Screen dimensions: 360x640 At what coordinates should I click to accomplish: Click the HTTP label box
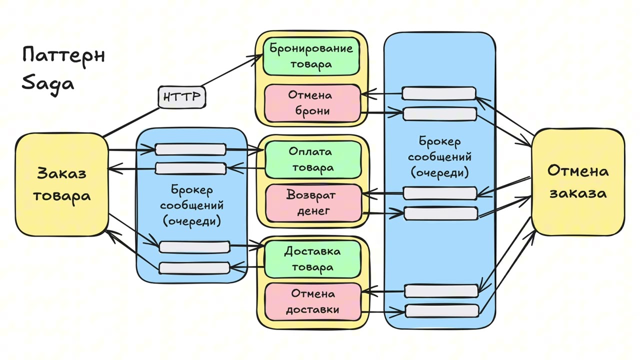pyautogui.click(x=182, y=97)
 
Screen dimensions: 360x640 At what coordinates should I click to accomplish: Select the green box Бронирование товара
pyautogui.click(x=311, y=56)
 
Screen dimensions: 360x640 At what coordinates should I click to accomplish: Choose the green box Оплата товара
pyautogui.click(x=312, y=159)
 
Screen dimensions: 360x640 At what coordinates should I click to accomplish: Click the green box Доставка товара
pyautogui.click(x=312, y=258)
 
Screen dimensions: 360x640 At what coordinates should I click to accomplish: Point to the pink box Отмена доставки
pyautogui.click(x=312, y=301)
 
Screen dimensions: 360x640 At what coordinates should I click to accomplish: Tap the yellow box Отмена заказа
pyautogui.click(x=578, y=181)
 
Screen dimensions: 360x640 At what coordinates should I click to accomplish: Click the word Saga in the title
pyautogui.click(x=48, y=82)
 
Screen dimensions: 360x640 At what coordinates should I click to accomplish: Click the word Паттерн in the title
pyautogui.click(x=63, y=55)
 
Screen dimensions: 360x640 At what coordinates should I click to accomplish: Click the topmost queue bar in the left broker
pyautogui.click(x=190, y=149)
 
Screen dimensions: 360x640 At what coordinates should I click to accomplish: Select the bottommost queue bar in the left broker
pyautogui.click(x=194, y=268)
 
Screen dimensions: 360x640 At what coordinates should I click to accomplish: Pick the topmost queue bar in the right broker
pyautogui.click(x=439, y=93)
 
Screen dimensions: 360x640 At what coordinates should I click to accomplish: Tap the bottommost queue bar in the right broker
pyautogui.click(x=442, y=310)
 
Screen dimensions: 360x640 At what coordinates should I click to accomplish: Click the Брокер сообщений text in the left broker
pyautogui.click(x=191, y=197)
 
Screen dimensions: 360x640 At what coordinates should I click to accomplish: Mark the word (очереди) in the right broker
pyautogui.click(x=439, y=172)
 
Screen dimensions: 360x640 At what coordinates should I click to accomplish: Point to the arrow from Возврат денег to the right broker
pyautogui.click(x=383, y=213)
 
